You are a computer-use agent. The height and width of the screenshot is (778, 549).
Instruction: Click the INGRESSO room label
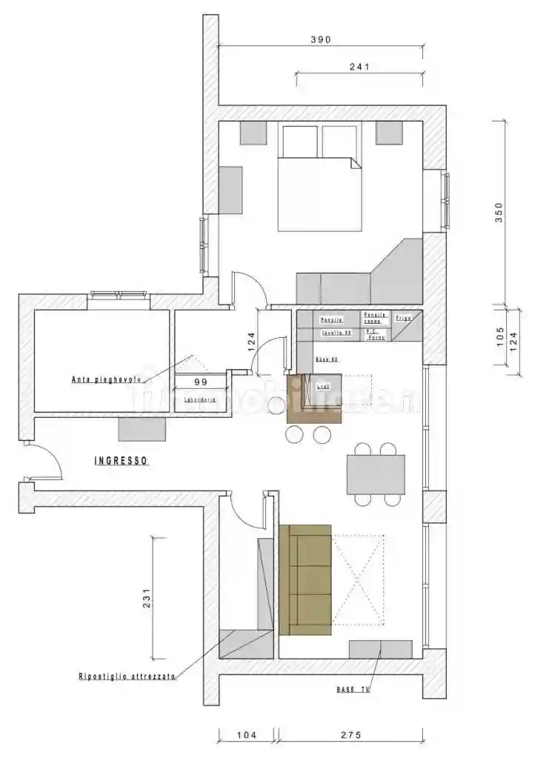pyautogui.click(x=122, y=461)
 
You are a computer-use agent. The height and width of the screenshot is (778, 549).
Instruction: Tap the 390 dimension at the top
pyautogui.click(x=320, y=39)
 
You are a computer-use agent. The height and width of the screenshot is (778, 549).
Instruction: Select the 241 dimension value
pyautogui.click(x=359, y=67)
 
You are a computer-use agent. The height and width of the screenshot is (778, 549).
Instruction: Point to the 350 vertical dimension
pyautogui.click(x=499, y=213)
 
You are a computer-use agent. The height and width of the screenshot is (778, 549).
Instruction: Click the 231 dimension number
pyautogui.click(x=147, y=598)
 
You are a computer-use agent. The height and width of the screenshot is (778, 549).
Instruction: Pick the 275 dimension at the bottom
pyautogui.click(x=350, y=736)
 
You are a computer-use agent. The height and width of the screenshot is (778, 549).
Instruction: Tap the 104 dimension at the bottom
pyautogui.click(x=247, y=736)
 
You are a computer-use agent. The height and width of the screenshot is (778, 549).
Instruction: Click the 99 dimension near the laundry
pyautogui.click(x=200, y=382)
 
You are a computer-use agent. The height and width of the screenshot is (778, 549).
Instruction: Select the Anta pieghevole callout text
pyautogui.click(x=106, y=380)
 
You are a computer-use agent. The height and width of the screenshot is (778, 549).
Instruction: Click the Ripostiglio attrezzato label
pyautogui.click(x=127, y=676)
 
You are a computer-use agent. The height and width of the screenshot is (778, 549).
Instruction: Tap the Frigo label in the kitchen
pyautogui.click(x=403, y=318)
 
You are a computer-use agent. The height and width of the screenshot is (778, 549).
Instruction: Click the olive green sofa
pyautogui.click(x=305, y=579)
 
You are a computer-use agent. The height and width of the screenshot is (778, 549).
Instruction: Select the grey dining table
pyautogui.click(x=376, y=474)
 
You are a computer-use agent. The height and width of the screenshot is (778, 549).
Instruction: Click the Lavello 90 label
pyautogui.click(x=336, y=333)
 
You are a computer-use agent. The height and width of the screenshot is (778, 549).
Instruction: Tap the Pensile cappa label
pyautogui.click(x=375, y=318)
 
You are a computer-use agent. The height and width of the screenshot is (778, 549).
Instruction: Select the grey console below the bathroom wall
pyautogui.click(x=142, y=429)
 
